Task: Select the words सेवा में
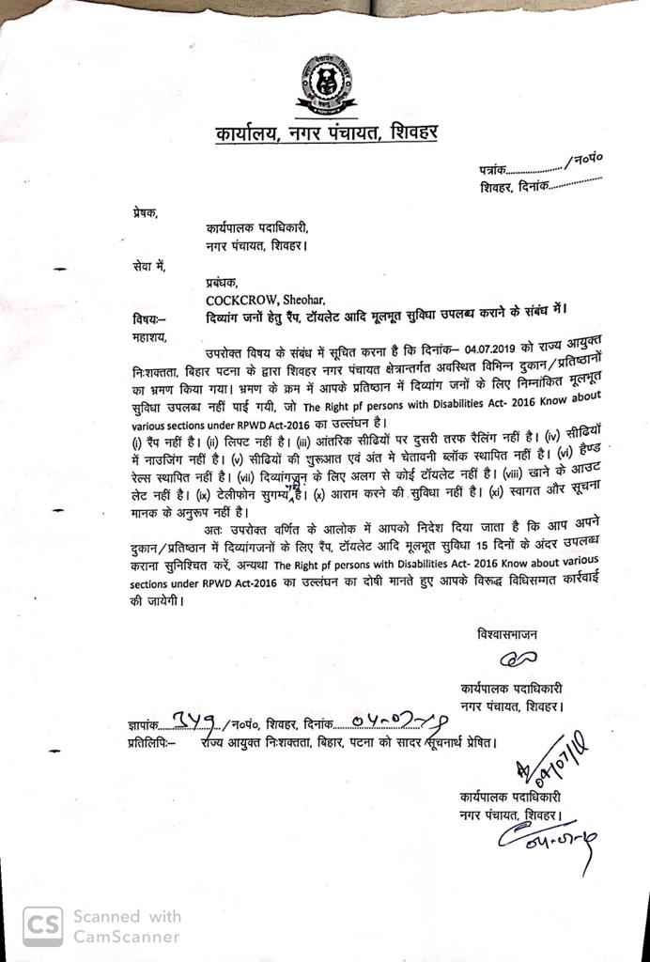[147, 267]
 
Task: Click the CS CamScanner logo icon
[42, 924]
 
